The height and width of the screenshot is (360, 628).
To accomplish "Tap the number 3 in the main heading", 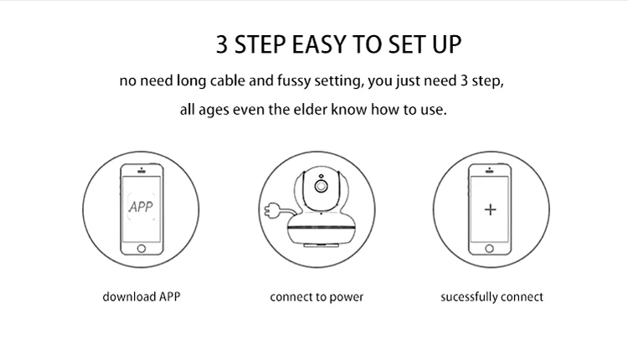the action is [222, 44].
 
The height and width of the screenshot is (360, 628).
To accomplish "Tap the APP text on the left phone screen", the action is [141, 207].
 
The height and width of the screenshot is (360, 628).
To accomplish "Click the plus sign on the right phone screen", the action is [490, 209].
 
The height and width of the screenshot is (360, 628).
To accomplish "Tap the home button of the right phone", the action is [490, 249].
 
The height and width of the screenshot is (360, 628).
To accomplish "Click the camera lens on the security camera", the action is [321, 186].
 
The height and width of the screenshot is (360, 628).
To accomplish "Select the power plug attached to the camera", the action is [271, 210].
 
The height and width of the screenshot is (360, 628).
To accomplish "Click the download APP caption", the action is [142, 296].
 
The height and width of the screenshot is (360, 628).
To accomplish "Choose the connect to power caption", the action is [317, 297].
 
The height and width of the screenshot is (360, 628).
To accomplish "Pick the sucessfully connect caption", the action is [492, 296].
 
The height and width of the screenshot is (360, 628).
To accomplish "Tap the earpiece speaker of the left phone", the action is [142, 172].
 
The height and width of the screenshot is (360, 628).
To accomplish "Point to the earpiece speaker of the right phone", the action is [490, 172].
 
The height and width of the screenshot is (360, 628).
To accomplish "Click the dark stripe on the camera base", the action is [321, 228].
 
